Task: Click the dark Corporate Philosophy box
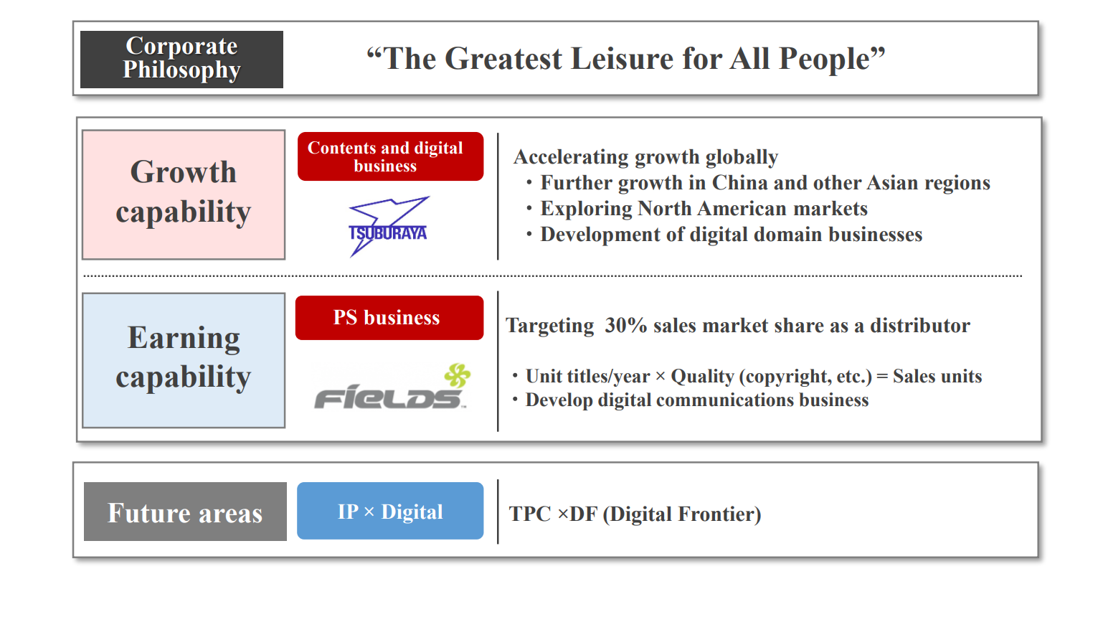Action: click(x=181, y=60)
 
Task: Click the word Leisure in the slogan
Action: click(x=622, y=59)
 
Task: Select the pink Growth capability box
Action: click(x=184, y=194)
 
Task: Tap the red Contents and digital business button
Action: click(x=390, y=156)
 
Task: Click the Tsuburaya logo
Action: click(x=388, y=227)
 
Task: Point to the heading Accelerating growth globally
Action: click(x=645, y=157)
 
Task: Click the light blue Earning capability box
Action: click(x=184, y=360)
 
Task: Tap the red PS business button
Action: click(x=389, y=318)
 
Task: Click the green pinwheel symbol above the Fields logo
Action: click(x=458, y=375)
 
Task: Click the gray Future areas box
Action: click(x=185, y=512)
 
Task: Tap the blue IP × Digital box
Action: click(x=390, y=511)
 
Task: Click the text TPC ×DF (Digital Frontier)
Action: click(x=635, y=514)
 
